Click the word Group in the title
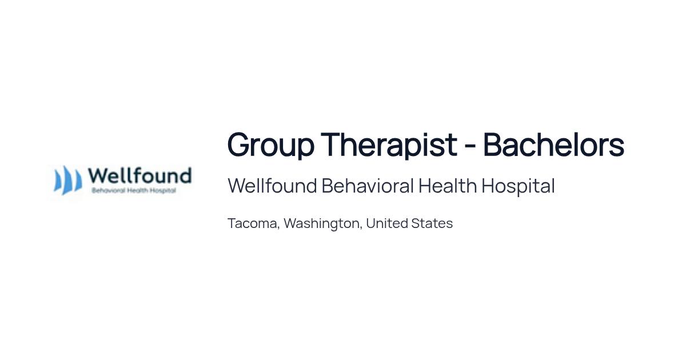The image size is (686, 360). pyautogui.click(x=271, y=146)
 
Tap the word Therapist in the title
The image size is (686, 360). pyautogui.click(x=389, y=146)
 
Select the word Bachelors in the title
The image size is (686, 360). pyautogui.click(x=554, y=145)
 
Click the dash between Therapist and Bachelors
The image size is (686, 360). pyautogui.click(x=470, y=146)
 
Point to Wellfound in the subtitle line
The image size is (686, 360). pyautogui.click(x=272, y=186)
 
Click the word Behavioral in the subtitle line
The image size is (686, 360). pyautogui.click(x=368, y=186)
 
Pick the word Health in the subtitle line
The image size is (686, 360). pyautogui.click(x=448, y=186)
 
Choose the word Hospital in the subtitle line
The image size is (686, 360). pyautogui.click(x=518, y=186)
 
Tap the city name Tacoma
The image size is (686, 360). pyautogui.click(x=252, y=223)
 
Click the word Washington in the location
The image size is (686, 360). pyautogui.click(x=321, y=224)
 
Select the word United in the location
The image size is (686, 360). pyautogui.click(x=386, y=223)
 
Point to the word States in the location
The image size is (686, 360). pyautogui.click(x=432, y=223)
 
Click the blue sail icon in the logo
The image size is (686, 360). pyautogui.click(x=68, y=181)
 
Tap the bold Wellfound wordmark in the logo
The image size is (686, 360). pyautogui.click(x=139, y=176)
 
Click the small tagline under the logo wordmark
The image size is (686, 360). pyautogui.click(x=134, y=191)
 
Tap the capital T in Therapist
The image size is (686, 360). pyautogui.click(x=332, y=145)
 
